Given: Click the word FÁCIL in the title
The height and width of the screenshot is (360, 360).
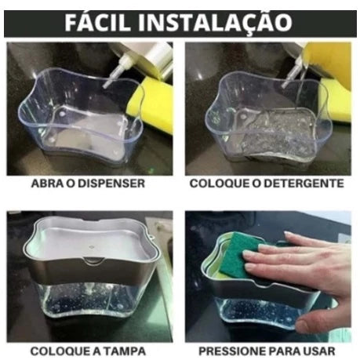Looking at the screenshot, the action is pos(97,23).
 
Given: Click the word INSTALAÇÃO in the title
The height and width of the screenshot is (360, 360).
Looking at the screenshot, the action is pos(215,24).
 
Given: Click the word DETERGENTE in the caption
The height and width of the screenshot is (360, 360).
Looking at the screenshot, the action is pos(304,184).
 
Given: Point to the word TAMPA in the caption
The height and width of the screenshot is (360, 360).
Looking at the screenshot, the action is pos(123,351).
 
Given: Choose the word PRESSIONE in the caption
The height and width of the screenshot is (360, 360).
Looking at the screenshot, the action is pos(232,351).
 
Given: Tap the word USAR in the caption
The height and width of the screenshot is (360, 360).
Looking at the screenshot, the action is pos(318,351).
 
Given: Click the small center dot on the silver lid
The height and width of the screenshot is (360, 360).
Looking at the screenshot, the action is pos(91,246).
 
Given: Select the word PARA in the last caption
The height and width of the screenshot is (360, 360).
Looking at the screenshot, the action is pos(282,351).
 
